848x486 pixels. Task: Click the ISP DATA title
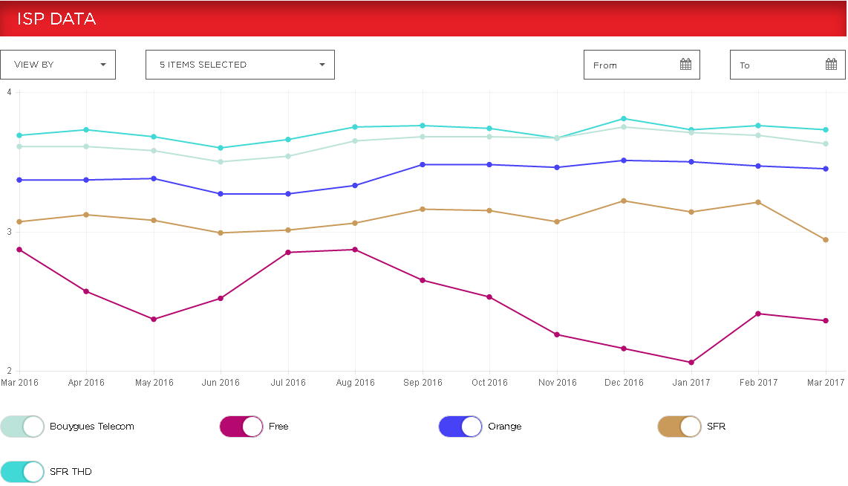tap(56, 19)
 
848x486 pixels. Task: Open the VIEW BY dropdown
tap(58, 65)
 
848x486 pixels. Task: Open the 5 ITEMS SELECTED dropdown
tap(240, 65)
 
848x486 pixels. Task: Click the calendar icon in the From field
tap(685, 65)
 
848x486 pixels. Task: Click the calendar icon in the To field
tap(831, 65)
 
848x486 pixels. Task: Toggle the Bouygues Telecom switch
tap(22, 427)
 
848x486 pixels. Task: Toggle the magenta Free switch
tap(241, 427)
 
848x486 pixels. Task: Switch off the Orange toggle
tap(460, 427)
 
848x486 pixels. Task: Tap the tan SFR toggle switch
tap(679, 427)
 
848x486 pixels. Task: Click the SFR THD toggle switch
tap(22, 471)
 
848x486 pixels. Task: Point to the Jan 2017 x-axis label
tap(691, 383)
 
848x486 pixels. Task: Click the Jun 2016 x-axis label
tap(221, 383)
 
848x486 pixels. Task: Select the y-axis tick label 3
tap(9, 232)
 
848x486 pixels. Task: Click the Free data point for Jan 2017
tap(691, 363)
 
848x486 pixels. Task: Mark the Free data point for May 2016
tap(154, 320)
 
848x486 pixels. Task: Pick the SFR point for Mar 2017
tap(826, 240)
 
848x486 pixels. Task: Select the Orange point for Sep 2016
tap(423, 164)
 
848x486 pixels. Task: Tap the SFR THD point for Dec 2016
tap(624, 119)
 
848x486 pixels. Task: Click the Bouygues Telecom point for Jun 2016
tap(221, 162)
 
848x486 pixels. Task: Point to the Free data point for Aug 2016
tap(355, 250)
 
